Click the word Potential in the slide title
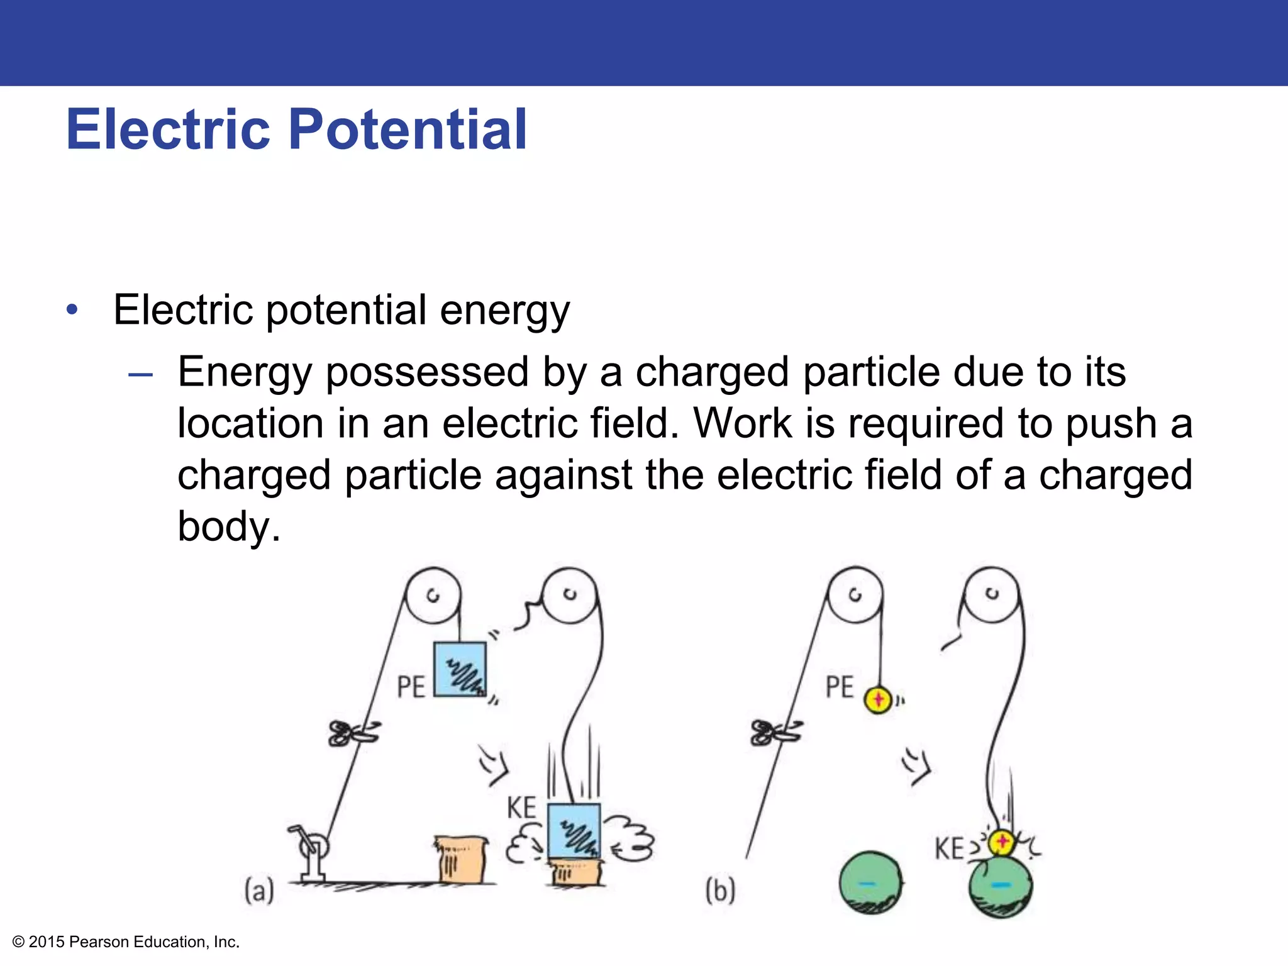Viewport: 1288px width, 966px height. point(408,130)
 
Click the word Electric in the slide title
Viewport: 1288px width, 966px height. point(168,130)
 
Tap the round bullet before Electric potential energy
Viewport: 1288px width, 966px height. point(73,309)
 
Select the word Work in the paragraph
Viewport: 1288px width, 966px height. point(742,423)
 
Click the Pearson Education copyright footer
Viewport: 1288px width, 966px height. point(126,941)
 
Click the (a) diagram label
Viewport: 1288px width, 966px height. point(259,891)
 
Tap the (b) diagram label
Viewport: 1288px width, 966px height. point(720,891)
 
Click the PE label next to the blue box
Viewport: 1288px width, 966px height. point(411,687)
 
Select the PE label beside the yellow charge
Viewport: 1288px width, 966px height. point(840,687)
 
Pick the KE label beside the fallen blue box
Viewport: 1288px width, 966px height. point(521,808)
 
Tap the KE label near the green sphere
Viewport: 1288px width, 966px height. point(949,849)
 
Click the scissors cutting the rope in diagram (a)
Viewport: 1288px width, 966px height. point(353,733)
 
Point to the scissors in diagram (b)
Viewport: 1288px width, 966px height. point(775,733)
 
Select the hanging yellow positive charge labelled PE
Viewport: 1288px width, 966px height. point(878,699)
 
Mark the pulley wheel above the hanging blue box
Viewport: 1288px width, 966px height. point(433,596)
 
